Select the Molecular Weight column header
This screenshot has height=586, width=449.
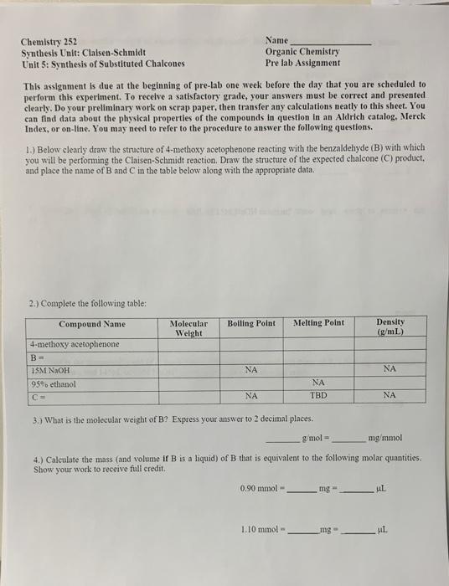click(188, 327)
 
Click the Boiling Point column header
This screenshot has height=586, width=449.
click(251, 322)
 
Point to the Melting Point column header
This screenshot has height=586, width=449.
click(318, 322)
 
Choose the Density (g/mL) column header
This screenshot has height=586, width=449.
click(390, 326)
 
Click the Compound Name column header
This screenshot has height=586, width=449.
click(92, 324)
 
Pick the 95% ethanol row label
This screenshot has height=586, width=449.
click(53, 383)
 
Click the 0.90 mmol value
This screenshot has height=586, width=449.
click(259, 487)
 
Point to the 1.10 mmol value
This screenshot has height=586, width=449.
click(259, 529)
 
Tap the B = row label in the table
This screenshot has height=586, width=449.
click(36, 356)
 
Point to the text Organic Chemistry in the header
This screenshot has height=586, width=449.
click(302, 52)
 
